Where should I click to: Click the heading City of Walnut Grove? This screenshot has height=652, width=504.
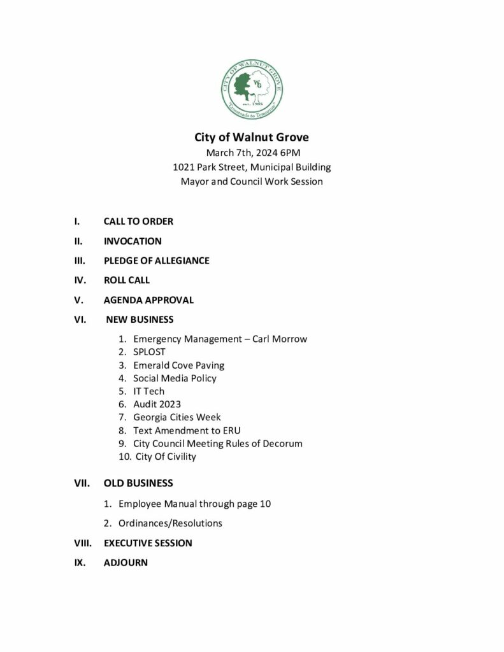tap(251, 138)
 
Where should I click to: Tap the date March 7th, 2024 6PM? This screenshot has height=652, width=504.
tap(251, 153)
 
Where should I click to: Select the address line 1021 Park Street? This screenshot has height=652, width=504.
tap(251, 167)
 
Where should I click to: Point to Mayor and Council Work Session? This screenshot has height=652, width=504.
tap(251, 181)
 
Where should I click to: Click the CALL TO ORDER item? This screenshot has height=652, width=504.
tap(138, 222)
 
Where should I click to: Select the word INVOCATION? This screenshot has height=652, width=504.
tap(133, 241)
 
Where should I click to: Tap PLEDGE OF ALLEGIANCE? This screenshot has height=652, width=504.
tap(156, 260)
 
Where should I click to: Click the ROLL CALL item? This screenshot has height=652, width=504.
tap(127, 280)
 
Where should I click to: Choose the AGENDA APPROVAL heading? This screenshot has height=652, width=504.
tap(148, 300)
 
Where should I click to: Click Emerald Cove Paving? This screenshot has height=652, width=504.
tap(178, 365)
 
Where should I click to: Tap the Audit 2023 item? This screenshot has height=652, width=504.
tap(157, 404)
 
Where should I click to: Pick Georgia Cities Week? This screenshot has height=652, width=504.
tap(176, 418)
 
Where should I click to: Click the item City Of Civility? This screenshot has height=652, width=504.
tap(166, 457)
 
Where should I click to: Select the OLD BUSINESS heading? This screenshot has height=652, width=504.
tap(138, 483)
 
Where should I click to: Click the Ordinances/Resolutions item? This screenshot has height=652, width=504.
tap(170, 523)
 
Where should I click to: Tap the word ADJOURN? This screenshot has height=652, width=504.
tap(126, 563)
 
